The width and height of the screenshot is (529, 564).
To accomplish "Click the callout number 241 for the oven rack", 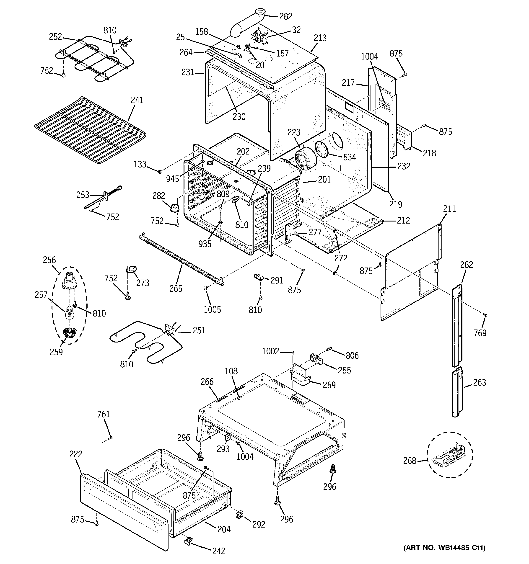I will [x=137, y=100].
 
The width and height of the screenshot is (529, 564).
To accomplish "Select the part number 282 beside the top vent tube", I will [x=285, y=16].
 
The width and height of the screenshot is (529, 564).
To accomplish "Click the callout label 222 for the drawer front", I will [x=75, y=454].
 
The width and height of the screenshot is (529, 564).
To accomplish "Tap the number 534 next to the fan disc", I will [x=350, y=157].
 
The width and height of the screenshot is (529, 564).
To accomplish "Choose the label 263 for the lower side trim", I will [x=479, y=382].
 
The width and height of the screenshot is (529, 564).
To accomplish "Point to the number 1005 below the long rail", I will [x=212, y=309].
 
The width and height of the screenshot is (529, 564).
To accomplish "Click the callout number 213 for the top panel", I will [x=320, y=38].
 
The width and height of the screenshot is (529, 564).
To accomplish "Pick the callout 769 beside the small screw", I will [x=480, y=332].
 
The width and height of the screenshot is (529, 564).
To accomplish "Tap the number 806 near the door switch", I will [x=352, y=355].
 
